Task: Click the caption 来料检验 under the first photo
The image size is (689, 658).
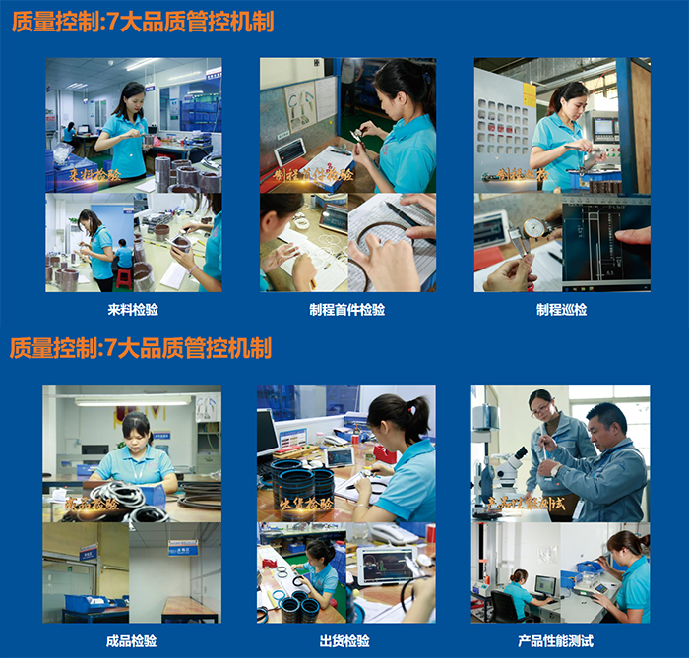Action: [x=133, y=309]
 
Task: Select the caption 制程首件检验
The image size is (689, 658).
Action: [x=347, y=309]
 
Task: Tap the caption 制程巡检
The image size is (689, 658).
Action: [x=561, y=309]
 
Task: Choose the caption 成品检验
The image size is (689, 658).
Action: [x=132, y=641]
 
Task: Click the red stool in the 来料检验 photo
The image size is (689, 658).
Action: [x=123, y=275]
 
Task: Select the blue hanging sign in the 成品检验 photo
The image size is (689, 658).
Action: [x=182, y=548]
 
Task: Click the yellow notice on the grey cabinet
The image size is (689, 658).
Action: [x=530, y=94]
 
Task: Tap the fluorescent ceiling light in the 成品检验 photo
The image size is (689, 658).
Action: [x=132, y=401]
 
